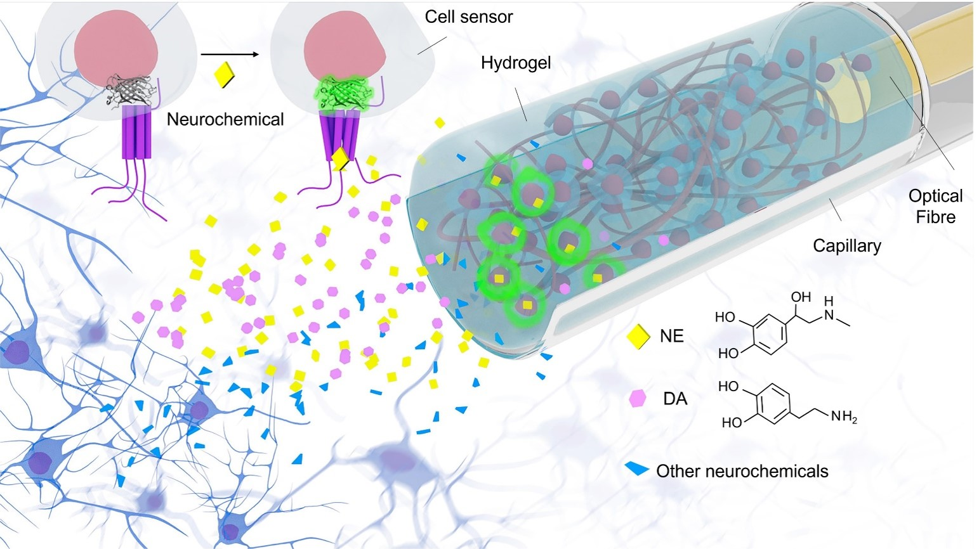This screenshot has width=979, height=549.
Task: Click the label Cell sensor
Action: pos(468,17)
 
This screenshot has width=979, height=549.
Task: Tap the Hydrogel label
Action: pos(515,63)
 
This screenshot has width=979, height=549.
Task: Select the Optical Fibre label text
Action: pos(935,206)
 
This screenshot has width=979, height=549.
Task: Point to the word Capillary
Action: pos(846,245)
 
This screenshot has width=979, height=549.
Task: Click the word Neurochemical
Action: pos(225,119)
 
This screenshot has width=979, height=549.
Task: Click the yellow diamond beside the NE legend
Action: pos(638,337)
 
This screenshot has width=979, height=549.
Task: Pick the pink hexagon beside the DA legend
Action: pos(637,398)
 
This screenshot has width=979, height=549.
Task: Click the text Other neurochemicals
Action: pos(742,471)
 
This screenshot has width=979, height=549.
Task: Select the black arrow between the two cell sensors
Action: pos(230,55)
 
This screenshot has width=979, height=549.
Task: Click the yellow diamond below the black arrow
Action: pos(225,76)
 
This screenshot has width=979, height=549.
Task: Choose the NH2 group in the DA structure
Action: pos(843,417)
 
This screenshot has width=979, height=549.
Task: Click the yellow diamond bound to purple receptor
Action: pos(341,159)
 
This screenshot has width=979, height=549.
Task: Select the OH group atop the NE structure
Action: pos(801,297)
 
